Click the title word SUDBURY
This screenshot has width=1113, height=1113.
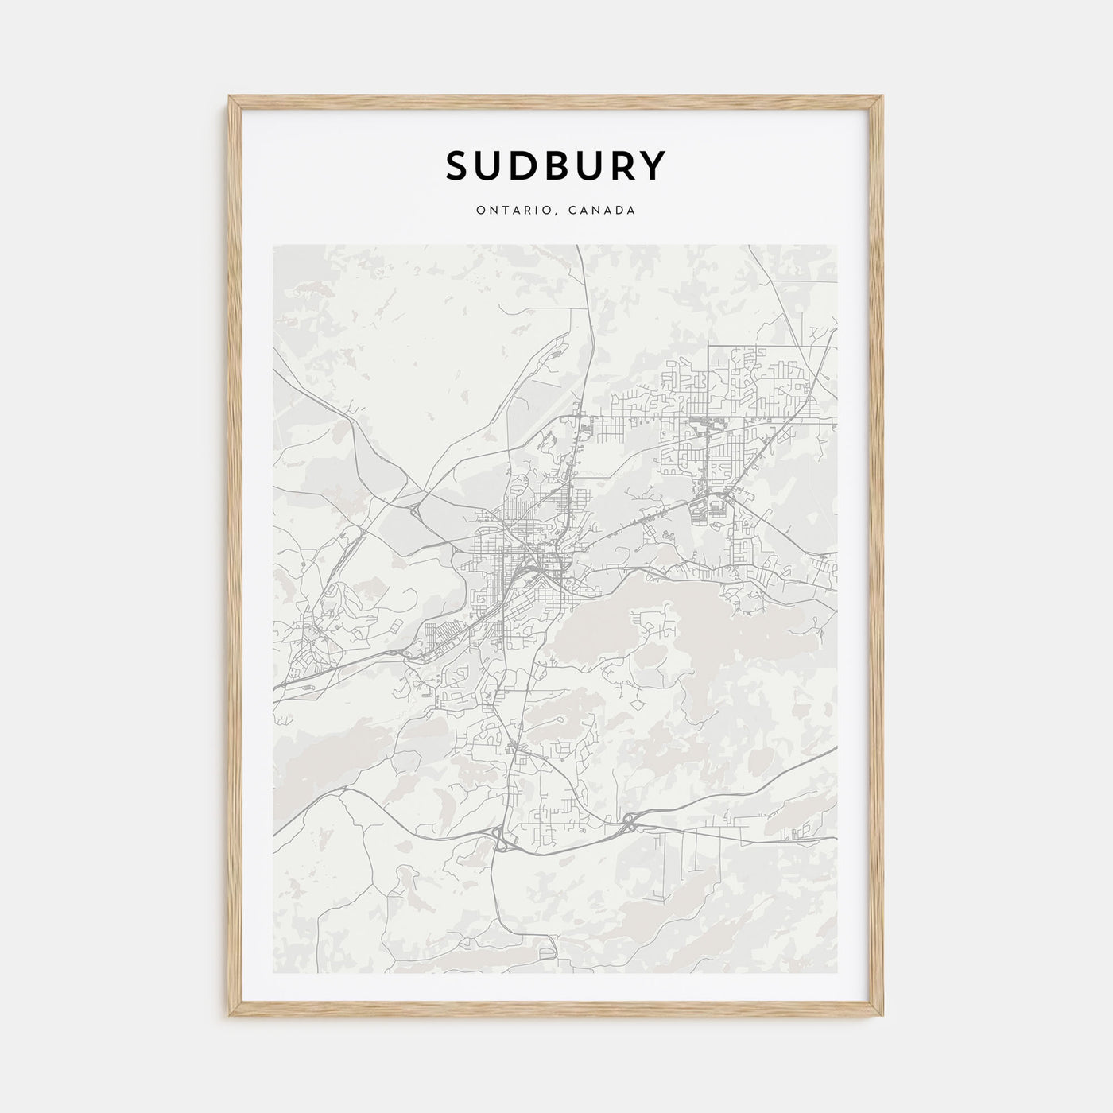556,165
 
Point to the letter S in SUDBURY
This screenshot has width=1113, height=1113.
457,165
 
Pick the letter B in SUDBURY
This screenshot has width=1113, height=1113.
555,165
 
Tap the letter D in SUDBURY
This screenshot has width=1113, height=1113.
522,165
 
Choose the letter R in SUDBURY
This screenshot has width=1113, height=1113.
620,165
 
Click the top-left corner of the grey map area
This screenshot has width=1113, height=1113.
273,246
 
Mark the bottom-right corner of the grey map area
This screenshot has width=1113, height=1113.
838,972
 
